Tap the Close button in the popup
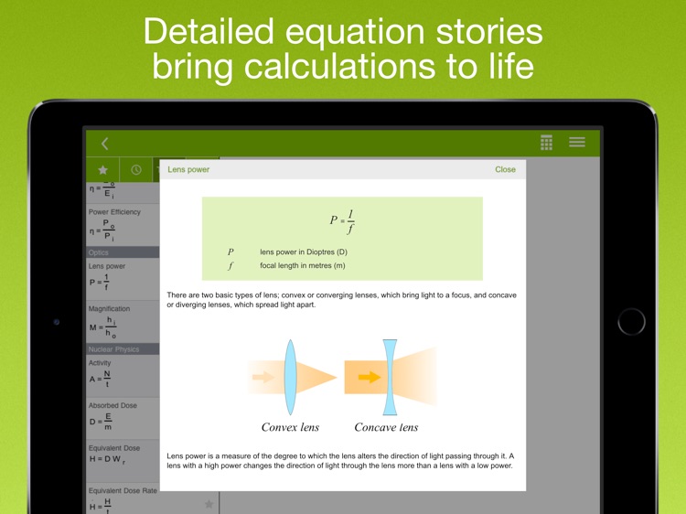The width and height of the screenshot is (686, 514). click(505, 169)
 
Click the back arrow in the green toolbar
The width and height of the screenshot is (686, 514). click(104, 143)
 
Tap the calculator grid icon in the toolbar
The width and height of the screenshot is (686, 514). click(546, 142)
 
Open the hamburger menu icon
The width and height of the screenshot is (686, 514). click(577, 142)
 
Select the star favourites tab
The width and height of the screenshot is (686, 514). click(102, 169)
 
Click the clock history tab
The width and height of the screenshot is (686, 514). click(136, 169)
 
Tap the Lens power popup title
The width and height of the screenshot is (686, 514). click(188, 169)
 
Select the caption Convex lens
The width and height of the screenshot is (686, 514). click(291, 427)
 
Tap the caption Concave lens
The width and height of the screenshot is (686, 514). click(386, 427)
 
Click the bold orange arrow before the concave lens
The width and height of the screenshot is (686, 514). click(369, 376)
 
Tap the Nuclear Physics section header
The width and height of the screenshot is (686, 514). click(113, 348)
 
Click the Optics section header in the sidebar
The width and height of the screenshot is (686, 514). click(98, 252)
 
